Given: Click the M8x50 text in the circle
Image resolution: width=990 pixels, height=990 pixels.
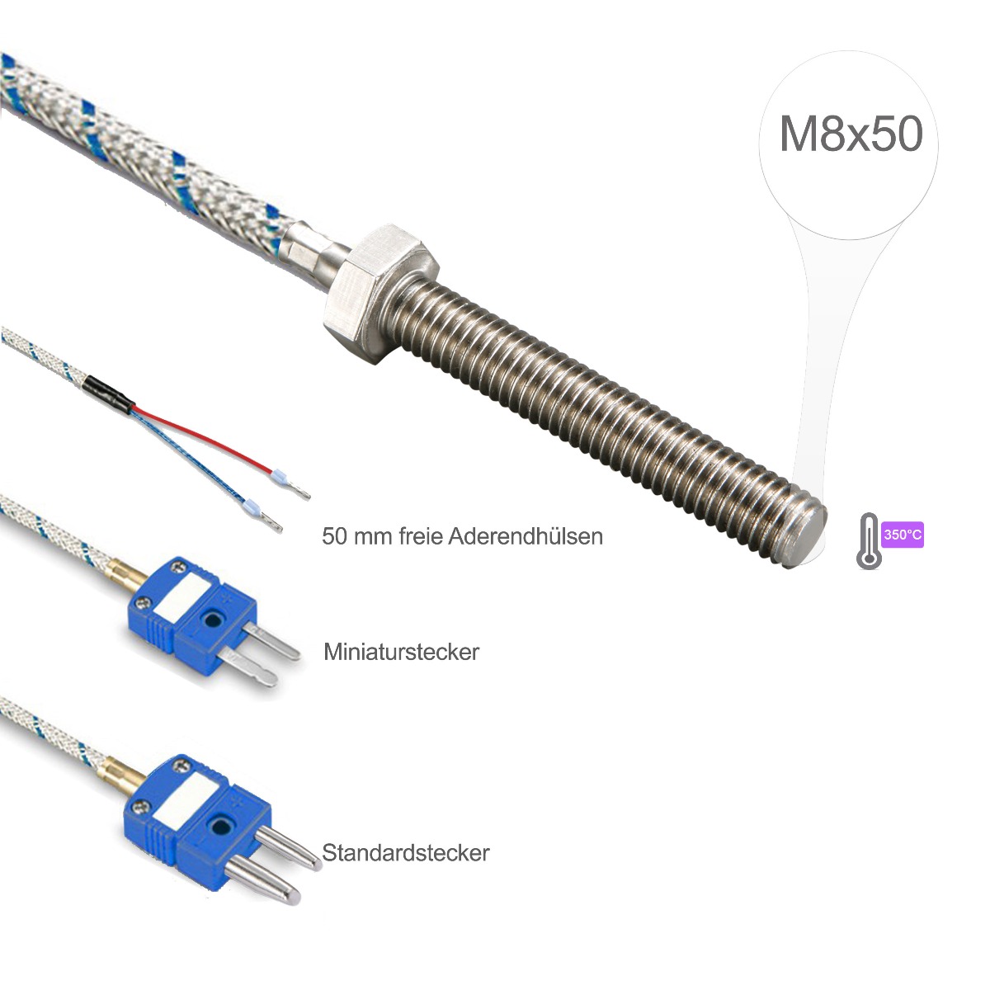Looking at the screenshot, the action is pyautogui.click(x=851, y=134).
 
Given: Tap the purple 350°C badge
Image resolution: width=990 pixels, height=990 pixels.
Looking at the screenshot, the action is pyautogui.click(x=903, y=535).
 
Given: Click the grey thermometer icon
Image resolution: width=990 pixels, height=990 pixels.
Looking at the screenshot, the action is pyautogui.click(x=869, y=541).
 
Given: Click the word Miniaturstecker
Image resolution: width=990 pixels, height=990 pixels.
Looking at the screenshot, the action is pyautogui.click(x=401, y=652).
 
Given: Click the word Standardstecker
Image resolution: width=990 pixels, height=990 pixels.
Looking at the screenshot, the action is pyautogui.click(x=405, y=852).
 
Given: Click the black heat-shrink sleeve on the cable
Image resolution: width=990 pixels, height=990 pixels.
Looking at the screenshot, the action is pyautogui.click(x=110, y=394).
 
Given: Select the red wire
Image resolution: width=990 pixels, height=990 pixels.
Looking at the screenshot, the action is pyautogui.click(x=203, y=436).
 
